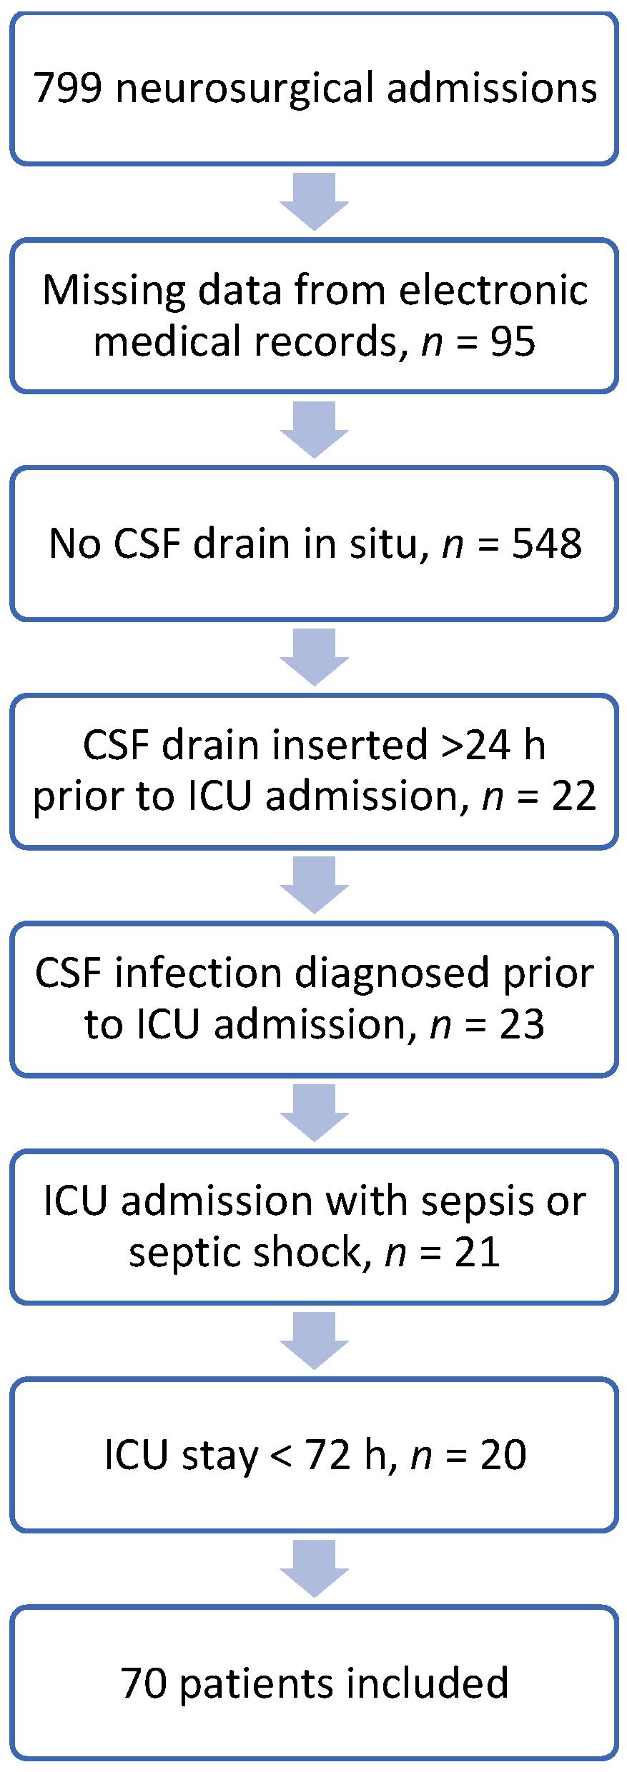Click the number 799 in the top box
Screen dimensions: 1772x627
point(68,89)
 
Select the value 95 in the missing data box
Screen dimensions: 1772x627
point(513,341)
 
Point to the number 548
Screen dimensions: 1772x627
point(547,544)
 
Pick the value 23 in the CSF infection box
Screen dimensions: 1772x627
point(522,1024)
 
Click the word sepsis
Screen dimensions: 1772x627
point(478,1201)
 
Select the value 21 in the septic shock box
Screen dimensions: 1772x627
point(477,1253)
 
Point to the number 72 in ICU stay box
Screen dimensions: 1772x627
point(328,1455)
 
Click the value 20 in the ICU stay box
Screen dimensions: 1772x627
point(503,1455)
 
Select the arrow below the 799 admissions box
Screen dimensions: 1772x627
point(314,201)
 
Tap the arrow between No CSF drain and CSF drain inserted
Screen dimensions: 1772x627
point(314,657)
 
